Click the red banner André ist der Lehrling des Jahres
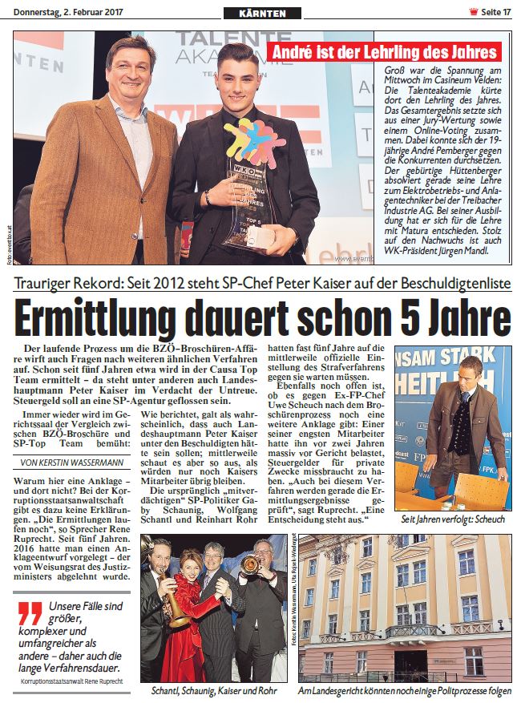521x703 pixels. pos(384,53)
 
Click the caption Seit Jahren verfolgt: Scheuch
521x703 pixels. pos(453,519)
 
